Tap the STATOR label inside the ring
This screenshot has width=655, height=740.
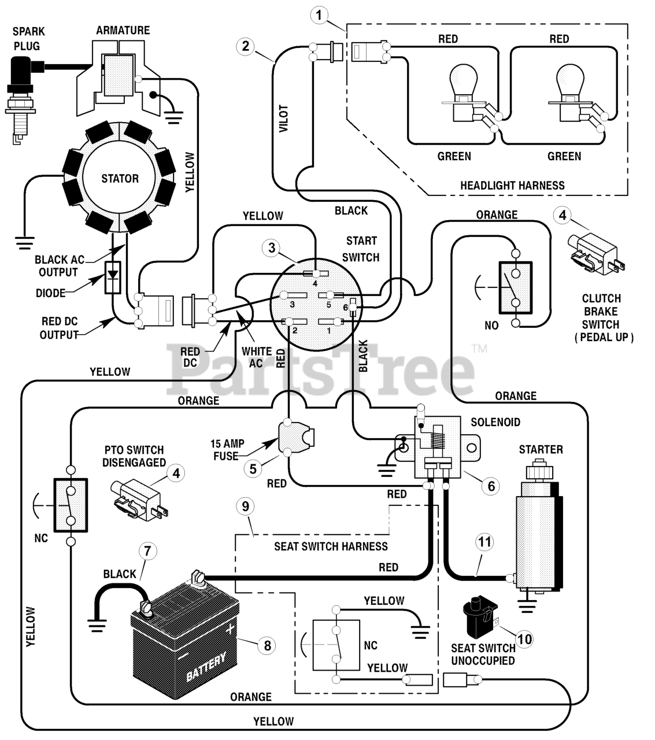[x=120, y=179]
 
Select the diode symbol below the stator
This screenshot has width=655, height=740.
[x=113, y=277]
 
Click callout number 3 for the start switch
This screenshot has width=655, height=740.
[x=272, y=248]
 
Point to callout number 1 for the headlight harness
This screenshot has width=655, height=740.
[x=319, y=16]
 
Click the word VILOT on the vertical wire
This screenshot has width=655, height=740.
[x=283, y=119]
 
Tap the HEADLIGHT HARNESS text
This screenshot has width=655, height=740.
[x=512, y=186]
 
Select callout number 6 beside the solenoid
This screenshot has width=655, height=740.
[x=491, y=486]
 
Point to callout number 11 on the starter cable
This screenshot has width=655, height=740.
[x=485, y=542]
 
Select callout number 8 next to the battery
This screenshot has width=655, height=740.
[x=267, y=645]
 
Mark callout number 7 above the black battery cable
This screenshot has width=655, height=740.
[x=147, y=550]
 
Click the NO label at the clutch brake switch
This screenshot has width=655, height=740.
[x=491, y=325]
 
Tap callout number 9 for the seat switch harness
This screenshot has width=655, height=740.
[x=245, y=506]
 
